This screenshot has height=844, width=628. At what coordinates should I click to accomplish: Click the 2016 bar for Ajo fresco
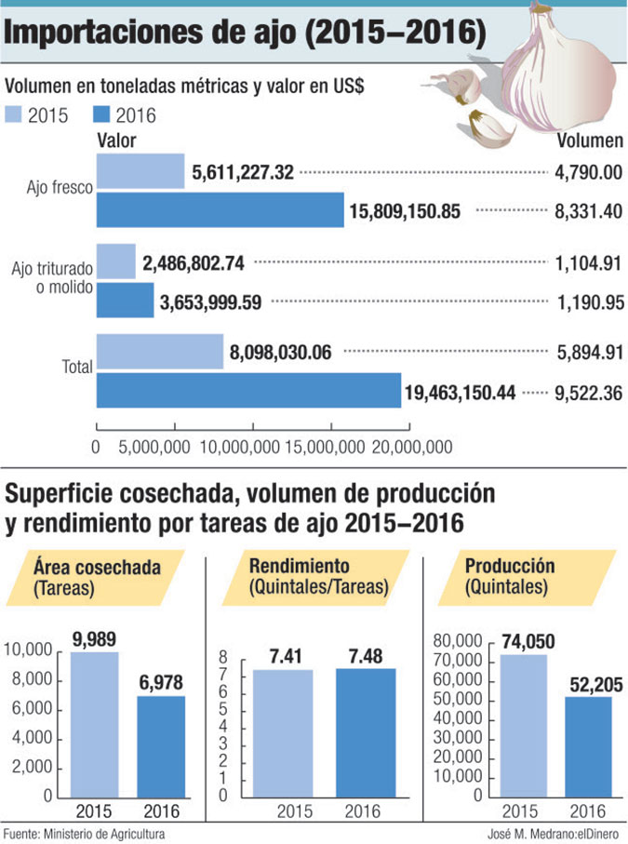220,210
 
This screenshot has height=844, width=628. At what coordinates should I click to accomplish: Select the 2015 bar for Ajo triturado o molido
116,262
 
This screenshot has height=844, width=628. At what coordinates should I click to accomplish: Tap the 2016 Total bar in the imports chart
248,392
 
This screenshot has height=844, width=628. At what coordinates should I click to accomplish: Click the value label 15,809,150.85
405,211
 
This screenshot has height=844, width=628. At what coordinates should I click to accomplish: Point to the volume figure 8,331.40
585,211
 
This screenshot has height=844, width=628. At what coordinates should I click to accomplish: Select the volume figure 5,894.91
585,354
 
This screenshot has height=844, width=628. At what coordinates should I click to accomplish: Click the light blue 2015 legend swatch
16,115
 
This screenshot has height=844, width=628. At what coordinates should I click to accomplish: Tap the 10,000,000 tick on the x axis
238,448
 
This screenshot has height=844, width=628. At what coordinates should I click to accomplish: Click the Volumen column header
590,141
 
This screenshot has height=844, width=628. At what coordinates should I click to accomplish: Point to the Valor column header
117,141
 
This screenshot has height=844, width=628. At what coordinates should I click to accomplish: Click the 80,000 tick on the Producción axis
457,641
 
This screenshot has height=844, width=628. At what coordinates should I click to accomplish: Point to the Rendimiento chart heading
319,576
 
